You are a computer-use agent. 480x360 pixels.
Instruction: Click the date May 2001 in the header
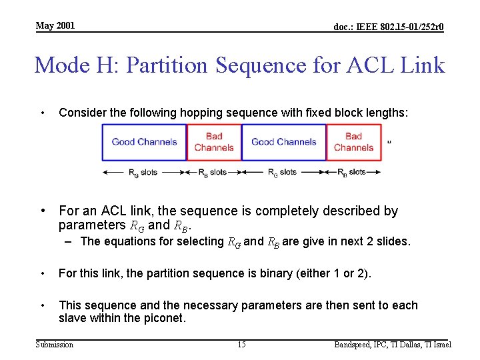(55, 26)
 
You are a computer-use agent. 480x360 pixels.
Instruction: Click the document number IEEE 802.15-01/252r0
(389, 27)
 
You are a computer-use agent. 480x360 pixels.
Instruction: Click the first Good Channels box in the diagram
(144, 142)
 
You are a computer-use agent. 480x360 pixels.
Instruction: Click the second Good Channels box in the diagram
(283, 142)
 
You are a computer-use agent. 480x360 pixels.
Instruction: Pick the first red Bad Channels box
(214, 142)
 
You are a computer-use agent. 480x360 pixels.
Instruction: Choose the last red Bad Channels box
(353, 142)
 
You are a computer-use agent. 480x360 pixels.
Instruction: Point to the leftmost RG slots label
(143, 172)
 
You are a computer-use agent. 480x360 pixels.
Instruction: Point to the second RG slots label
(282, 172)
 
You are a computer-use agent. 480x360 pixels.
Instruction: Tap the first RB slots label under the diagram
(213, 172)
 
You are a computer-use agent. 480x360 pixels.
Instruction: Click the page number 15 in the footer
(241, 345)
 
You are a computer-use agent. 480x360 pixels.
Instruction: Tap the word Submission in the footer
(55, 345)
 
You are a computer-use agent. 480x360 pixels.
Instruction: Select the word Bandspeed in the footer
(356, 345)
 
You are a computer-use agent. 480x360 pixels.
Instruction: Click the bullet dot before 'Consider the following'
(43, 113)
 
